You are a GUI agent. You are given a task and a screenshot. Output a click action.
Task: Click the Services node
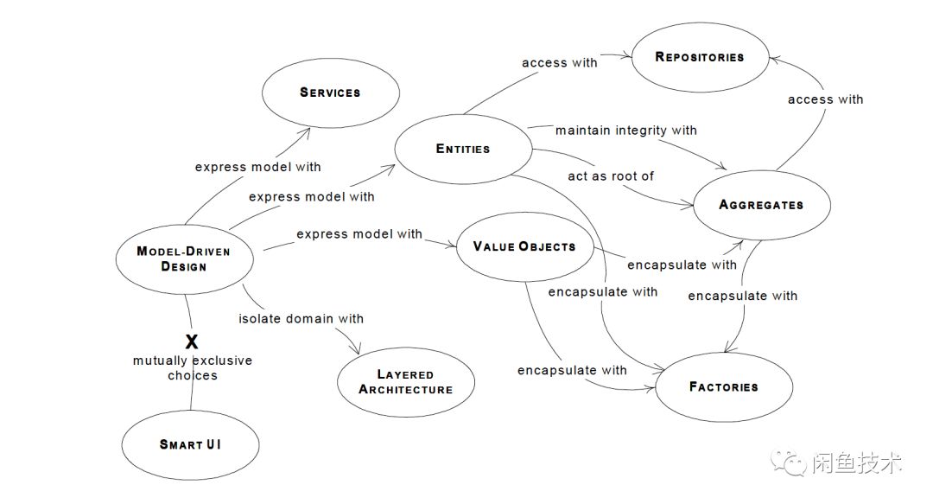tap(330, 93)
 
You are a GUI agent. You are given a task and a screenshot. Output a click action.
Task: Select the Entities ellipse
tap(463, 149)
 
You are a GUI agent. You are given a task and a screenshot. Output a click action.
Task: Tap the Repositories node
tap(700, 57)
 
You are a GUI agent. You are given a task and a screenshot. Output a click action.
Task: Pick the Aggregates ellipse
tap(761, 205)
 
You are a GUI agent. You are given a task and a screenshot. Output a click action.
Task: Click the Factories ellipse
tap(724, 386)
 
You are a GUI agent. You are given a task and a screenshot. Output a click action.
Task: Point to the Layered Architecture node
tap(406, 382)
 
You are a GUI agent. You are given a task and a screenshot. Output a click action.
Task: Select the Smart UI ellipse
tap(191, 444)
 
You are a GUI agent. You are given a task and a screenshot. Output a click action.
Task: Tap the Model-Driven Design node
tap(184, 258)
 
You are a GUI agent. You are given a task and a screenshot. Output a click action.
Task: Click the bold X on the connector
tap(192, 341)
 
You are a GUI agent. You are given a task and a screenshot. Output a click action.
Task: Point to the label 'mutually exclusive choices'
tap(193, 367)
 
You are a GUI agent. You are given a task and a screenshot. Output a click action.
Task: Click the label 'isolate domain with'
tap(301, 319)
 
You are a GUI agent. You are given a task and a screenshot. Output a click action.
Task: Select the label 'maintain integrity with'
tap(625, 130)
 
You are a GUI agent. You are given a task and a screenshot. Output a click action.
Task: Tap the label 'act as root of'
tap(611, 175)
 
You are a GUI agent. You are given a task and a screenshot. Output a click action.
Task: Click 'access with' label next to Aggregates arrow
tap(825, 99)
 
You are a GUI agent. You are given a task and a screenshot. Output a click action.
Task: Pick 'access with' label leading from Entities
tap(559, 62)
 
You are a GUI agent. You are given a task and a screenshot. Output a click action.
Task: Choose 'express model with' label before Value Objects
tap(359, 234)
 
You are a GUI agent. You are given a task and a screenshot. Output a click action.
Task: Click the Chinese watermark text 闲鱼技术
tap(857, 464)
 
